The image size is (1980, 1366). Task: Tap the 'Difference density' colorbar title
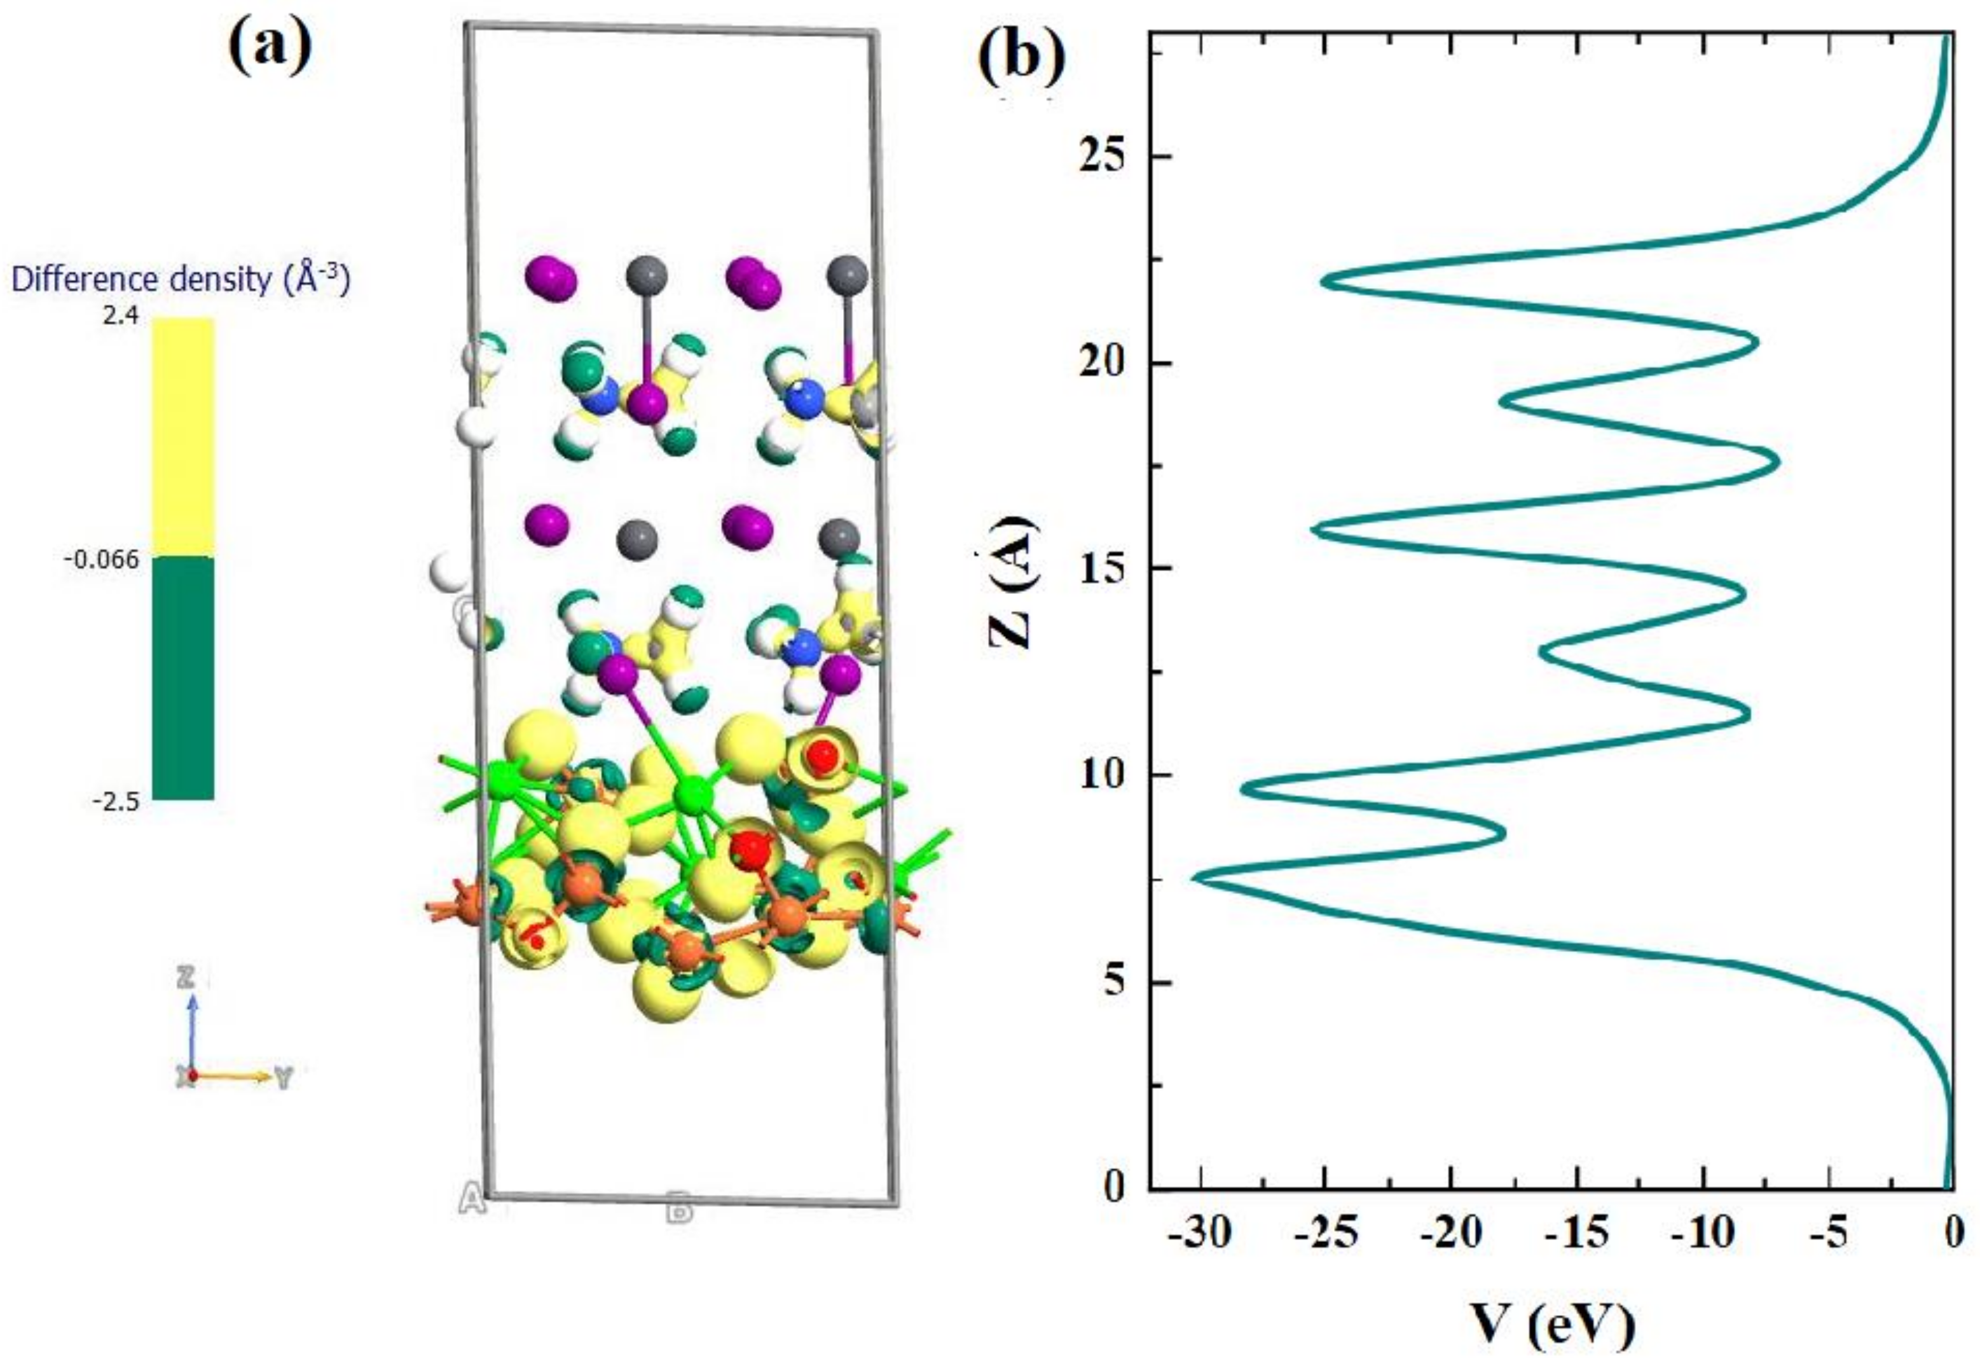click(181, 280)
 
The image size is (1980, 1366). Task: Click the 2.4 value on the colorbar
click(120, 317)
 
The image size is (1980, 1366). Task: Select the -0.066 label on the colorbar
click(101, 560)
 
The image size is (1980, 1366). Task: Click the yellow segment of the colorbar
click(183, 436)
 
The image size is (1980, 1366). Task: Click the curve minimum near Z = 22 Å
click(1323, 280)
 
